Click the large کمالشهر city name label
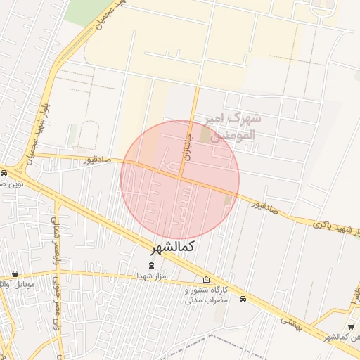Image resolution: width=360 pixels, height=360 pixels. pos(172,247)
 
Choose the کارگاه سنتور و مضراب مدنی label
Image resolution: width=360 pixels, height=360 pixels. pos(207,295)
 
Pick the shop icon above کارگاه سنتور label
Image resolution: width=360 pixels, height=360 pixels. pos(206,279)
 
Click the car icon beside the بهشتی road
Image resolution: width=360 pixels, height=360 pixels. pos(243,299)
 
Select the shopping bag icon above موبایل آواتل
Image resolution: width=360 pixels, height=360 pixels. pos(15,274)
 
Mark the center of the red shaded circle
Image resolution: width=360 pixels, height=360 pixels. pos(180,180)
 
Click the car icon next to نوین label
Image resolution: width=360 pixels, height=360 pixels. pos(4,172)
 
